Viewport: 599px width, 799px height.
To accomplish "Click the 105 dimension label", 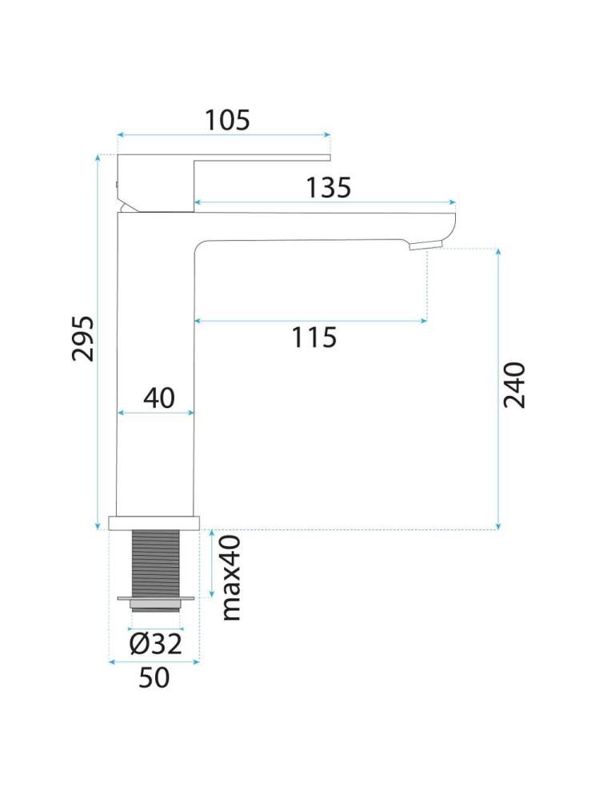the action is pos(227,120).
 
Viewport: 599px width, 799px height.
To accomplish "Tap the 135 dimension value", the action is pos(329,187).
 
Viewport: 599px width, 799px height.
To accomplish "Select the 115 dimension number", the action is pos(313,338).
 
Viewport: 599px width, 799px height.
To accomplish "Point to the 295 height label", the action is pos(82,338).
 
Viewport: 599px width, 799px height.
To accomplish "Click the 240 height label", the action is pos(514,385).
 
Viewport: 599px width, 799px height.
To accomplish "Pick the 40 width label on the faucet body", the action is pos(159,398).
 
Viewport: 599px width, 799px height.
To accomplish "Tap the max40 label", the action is pos(232,577).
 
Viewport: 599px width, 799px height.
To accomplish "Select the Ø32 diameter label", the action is pos(155,644).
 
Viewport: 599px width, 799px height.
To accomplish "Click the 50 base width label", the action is pos(154,677).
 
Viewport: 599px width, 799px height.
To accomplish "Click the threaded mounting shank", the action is pos(156,564).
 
